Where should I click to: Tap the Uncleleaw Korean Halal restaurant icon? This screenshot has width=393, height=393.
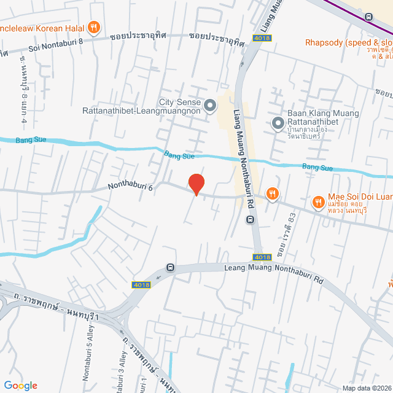point(93,27)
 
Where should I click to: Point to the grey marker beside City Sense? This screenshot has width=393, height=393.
point(210,107)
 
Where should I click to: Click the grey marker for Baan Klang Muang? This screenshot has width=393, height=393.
point(278,124)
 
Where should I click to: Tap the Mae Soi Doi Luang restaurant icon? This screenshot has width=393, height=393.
point(318,201)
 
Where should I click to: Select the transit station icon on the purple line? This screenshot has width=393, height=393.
point(368,17)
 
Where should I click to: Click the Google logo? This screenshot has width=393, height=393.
point(20,386)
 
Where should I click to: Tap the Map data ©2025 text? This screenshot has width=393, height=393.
point(367,388)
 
